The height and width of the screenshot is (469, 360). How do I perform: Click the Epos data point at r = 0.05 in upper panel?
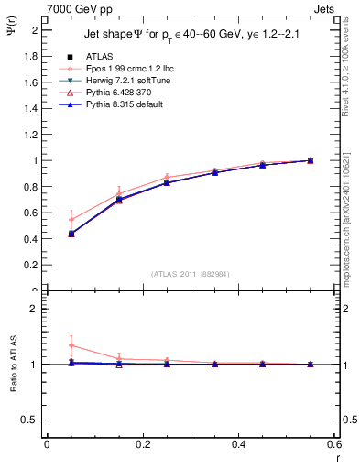71,220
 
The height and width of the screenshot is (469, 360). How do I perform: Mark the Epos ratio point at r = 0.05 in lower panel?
71,345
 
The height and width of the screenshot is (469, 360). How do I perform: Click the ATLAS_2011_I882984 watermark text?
191,274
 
